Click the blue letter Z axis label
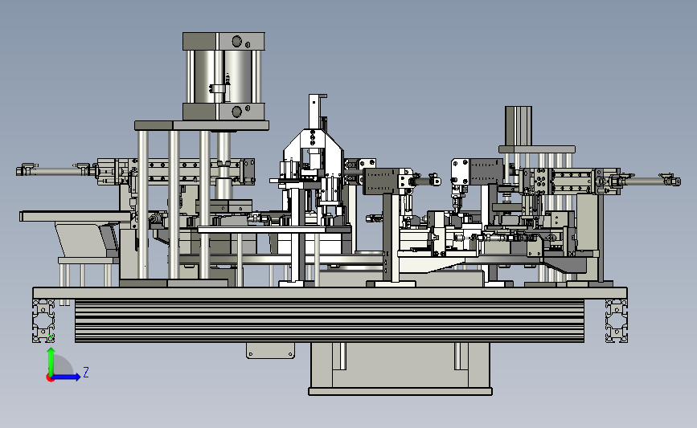[x=86, y=372]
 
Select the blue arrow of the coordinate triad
[x=67, y=377]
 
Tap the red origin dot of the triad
[x=50, y=378]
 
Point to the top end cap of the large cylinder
[x=223, y=41]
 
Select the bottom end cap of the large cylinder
[x=223, y=112]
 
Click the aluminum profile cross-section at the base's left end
[x=43, y=320]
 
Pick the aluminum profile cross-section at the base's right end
[x=617, y=320]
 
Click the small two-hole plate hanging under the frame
[x=270, y=351]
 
